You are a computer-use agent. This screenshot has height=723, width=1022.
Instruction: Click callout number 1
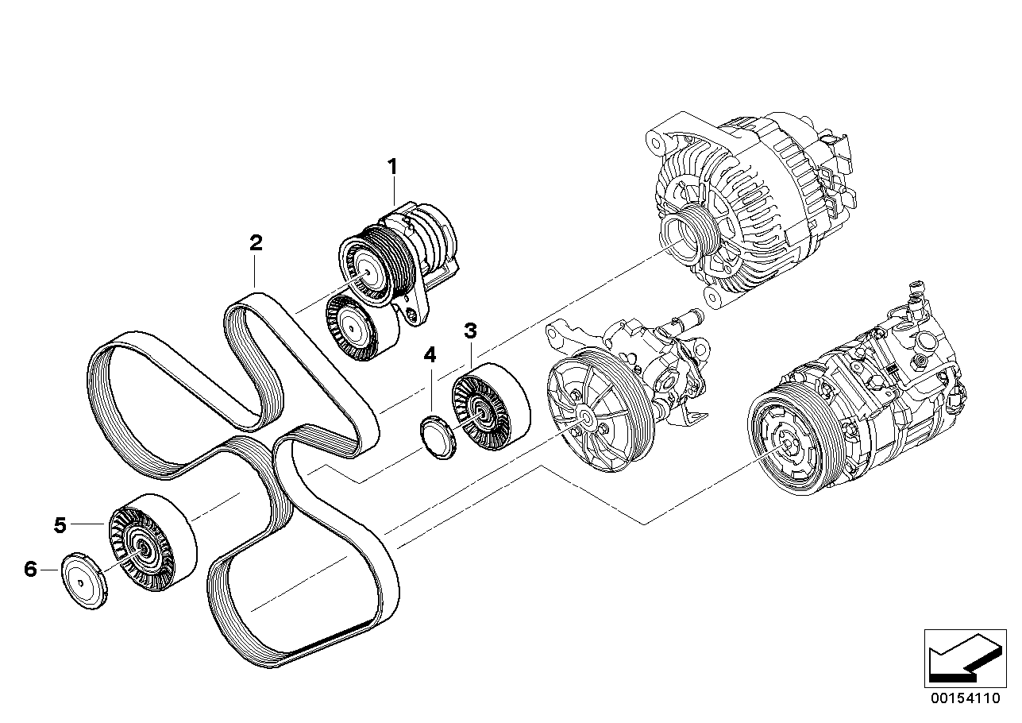[x=391, y=167]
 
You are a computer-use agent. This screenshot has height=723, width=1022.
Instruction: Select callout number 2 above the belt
[x=255, y=243]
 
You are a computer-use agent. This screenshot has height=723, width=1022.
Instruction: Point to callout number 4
[x=430, y=355]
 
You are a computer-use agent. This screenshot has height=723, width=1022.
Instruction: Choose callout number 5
[x=60, y=524]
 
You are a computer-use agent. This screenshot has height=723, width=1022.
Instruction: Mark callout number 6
[x=31, y=569]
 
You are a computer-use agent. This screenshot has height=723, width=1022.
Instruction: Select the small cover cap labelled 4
[x=435, y=437]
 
